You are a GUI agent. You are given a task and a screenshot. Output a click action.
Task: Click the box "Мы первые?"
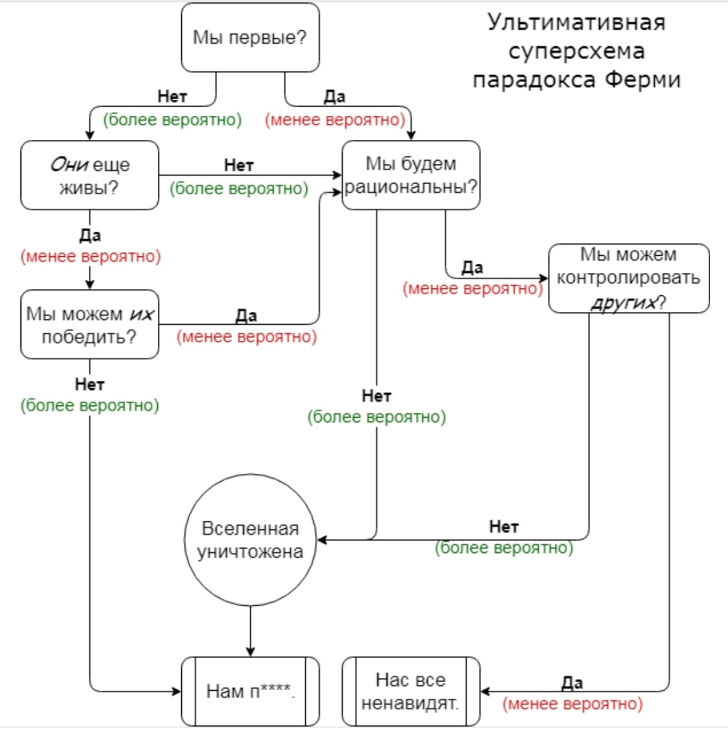pos(250,37)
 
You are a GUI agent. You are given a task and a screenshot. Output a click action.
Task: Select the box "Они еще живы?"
pos(90,175)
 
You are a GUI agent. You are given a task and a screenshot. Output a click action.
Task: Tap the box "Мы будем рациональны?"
pos(411,175)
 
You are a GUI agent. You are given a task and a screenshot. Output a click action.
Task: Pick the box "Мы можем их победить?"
pos(90,325)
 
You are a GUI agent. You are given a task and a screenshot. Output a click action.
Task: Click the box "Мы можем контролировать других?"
pos(629,279)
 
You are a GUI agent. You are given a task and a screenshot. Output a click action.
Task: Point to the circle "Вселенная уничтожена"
pos(250,540)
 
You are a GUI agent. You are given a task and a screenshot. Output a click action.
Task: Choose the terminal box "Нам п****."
pos(250,691)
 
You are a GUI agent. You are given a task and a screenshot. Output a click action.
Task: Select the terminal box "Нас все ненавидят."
pos(411,691)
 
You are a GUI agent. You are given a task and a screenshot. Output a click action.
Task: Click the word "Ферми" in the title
pos(643,80)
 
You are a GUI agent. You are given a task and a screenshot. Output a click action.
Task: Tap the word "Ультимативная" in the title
pos(577,22)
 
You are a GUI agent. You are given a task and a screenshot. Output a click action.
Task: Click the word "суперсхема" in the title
pos(577,51)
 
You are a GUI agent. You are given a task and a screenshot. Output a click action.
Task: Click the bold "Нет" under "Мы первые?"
pos(172,97)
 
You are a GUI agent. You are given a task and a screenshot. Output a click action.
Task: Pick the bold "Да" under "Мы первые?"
pos(335,97)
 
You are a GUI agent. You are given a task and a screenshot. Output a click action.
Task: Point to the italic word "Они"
pos(69,165)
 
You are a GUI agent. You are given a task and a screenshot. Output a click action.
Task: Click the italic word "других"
pos(623,303)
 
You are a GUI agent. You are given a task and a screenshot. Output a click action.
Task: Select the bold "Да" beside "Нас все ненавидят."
pos(572,683)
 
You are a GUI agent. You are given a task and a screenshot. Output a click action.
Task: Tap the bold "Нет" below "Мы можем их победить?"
pos(90,385)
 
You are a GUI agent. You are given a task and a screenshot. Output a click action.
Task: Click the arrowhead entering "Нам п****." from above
pos(250,652)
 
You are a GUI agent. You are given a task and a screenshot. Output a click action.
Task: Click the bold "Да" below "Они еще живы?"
pos(90,235)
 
